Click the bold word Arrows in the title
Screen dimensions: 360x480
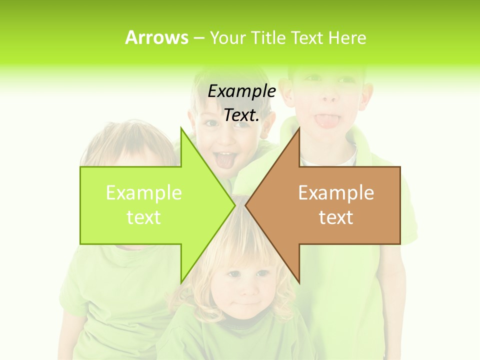[156, 37]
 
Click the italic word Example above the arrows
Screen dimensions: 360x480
[241, 91]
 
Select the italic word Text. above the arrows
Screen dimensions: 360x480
[241, 115]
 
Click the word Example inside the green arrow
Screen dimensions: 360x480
[144, 192]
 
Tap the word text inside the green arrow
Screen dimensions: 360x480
[144, 217]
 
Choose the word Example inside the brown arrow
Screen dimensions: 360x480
[336, 192]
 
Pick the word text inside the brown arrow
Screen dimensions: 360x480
[336, 217]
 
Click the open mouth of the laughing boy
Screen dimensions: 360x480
[226, 159]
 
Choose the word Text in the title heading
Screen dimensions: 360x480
[307, 38]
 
